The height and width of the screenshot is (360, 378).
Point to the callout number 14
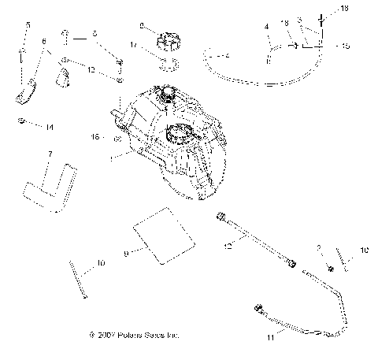click(49, 127)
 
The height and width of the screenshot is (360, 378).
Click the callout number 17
click(134, 45)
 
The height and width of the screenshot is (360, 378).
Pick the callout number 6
click(44, 42)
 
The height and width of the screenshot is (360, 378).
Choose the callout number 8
click(142, 26)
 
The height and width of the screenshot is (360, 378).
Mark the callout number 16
click(97, 137)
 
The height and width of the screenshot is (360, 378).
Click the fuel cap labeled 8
click(167, 37)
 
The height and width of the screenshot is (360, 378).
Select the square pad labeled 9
click(161, 233)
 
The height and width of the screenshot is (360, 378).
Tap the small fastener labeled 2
click(329, 268)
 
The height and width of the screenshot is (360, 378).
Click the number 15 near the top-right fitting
click(346, 46)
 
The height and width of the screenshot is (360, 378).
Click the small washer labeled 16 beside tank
click(117, 139)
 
